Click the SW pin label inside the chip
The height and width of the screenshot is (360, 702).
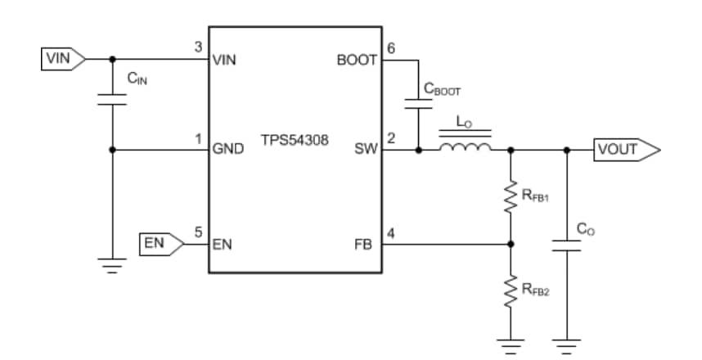[x=365, y=150]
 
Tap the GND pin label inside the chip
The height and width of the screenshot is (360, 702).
[x=227, y=150]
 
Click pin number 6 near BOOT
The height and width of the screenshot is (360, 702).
[x=390, y=48]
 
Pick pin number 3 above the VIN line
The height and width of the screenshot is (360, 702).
[x=198, y=47]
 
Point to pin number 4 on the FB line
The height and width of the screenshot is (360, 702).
[x=390, y=232]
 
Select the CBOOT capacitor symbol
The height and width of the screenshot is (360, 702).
[x=418, y=104]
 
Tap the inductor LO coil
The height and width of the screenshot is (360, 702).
[x=465, y=147]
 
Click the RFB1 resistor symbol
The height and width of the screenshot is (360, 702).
[x=511, y=197]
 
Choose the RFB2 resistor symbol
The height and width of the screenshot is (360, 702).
[x=511, y=290]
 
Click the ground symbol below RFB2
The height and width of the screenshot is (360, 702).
[x=511, y=344]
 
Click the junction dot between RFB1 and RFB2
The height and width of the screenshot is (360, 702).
[x=511, y=243]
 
